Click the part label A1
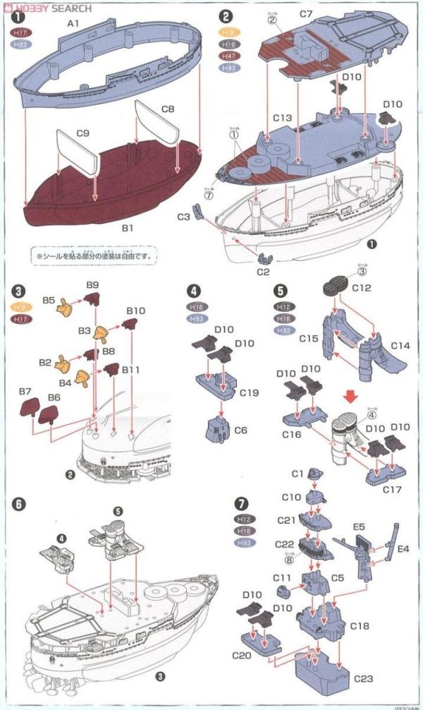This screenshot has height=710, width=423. (x=72, y=24)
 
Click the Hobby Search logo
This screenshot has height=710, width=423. (x=47, y=8)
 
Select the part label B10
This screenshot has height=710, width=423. (x=136, y=311)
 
